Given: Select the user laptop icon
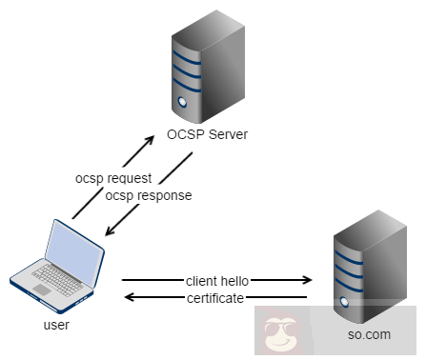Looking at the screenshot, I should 57,268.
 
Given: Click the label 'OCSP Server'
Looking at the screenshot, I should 207,135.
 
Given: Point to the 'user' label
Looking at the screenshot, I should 56,325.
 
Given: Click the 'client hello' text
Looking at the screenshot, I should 218,281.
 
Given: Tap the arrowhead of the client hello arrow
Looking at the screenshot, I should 308,281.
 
